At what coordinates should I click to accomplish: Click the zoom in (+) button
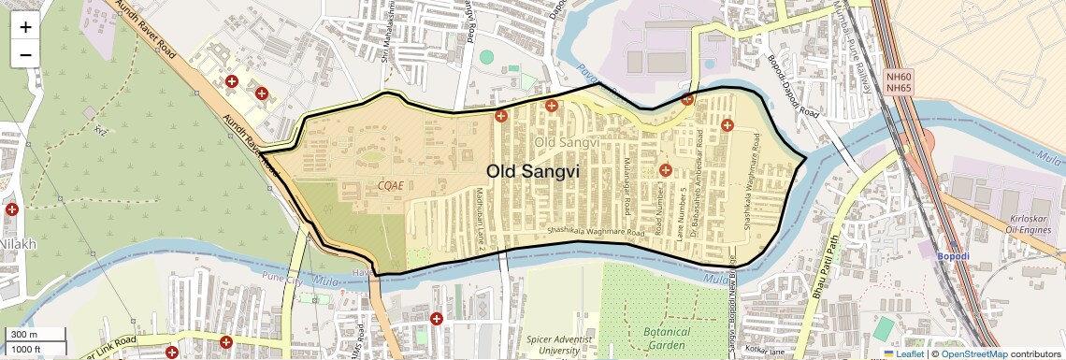(25, 27)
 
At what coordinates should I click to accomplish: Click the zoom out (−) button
(25, 54)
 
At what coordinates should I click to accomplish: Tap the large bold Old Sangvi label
(533, 171)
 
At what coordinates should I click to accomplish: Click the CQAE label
(391, 185)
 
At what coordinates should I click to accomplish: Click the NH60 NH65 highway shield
(898, 81)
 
